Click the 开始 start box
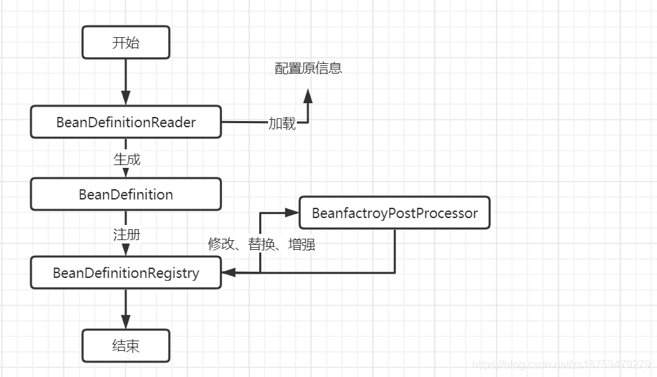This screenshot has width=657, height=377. pyautogui.click(x=125, y=43)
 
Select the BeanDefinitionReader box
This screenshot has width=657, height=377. pyautogui.click(x=126, y=122)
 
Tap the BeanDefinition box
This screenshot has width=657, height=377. pyautogui.click(x=126, y=194)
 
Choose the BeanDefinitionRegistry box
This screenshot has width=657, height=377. pyautogui.click(x=126, y=272)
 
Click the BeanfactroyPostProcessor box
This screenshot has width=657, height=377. pyautogui.click(x=394, y=213)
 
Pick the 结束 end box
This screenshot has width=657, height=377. pyautogui.click(x=125, y=345)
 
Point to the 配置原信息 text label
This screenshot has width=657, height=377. pyautogui.click(x=308, y=68)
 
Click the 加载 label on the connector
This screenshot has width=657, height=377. pyautogui.click(x=282, y=124)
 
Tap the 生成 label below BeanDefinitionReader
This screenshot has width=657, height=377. pyautogui.click(x=126, y=160)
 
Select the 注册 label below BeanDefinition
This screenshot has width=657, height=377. pyautogui.click(x=126, y=234)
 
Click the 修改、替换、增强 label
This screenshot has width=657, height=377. pyautogui.click(x=261, y=244)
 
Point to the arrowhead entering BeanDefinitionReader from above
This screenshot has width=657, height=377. pyautogui.click(x=126, y=98)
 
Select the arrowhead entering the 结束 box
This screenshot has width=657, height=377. pyautogui.click(x=126, y=322)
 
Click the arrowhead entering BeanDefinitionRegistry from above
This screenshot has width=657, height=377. pyautogui.click(x=126, y=250)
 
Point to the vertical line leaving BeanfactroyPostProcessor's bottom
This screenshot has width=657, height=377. pyautogui.click(x=394, y=251)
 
